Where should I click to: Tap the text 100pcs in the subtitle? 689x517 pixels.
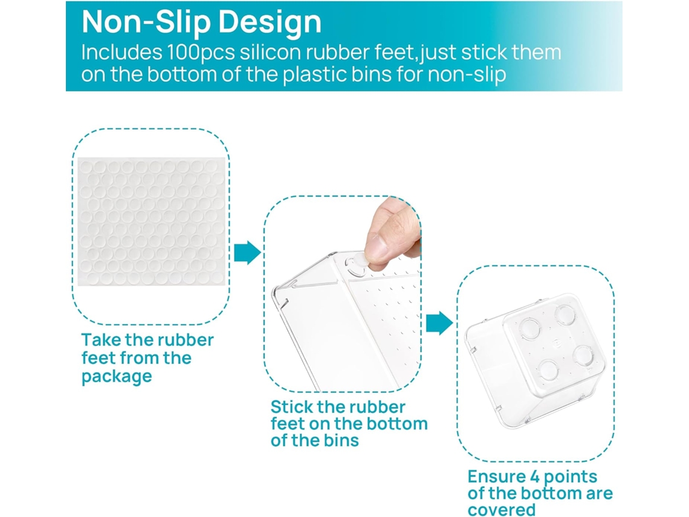pos(201,53)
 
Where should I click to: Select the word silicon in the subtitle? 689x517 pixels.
pos(270,52)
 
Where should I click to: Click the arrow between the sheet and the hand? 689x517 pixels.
pos(247,252)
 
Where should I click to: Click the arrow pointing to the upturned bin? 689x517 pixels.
pos(439,323)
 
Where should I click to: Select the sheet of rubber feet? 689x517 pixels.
pos(151,221)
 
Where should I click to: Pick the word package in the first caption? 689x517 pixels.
pos(117,377)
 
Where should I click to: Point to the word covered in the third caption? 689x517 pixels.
pos(502,510)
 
